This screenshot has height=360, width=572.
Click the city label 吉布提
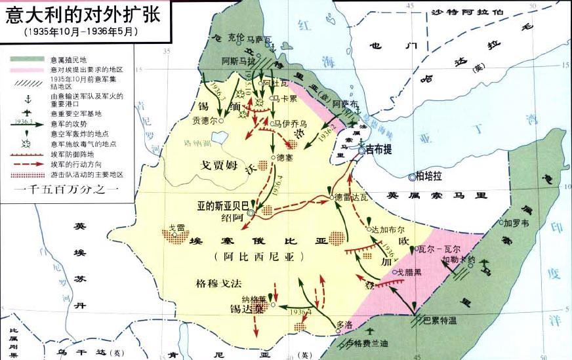point(378,150)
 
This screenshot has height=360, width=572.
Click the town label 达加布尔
point(389,230)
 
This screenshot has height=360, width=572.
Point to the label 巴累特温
point(439,320)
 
